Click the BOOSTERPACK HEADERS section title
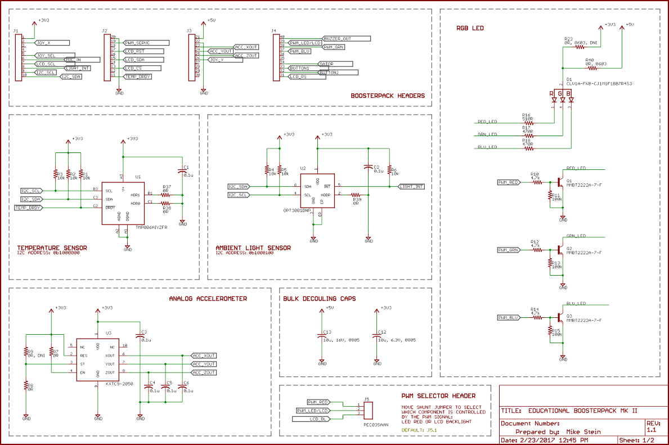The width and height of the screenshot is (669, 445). (x=387, y=96)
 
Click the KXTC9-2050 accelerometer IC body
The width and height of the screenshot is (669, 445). (x=98, y=361)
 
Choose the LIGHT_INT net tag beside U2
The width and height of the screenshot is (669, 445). (x=411, y=186)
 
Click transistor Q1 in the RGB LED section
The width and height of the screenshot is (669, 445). (x=560, y=182)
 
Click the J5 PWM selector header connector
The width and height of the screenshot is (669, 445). (x=368, y=410)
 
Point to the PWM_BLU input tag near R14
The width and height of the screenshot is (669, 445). (x=508, y=318)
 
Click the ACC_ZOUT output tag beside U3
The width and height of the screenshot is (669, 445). (x=204, y=372)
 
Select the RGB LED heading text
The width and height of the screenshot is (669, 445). (x=470, y=28)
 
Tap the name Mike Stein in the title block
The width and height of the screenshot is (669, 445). (x=583, y=431)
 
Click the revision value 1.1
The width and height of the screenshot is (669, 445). (x=652, y=430)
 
